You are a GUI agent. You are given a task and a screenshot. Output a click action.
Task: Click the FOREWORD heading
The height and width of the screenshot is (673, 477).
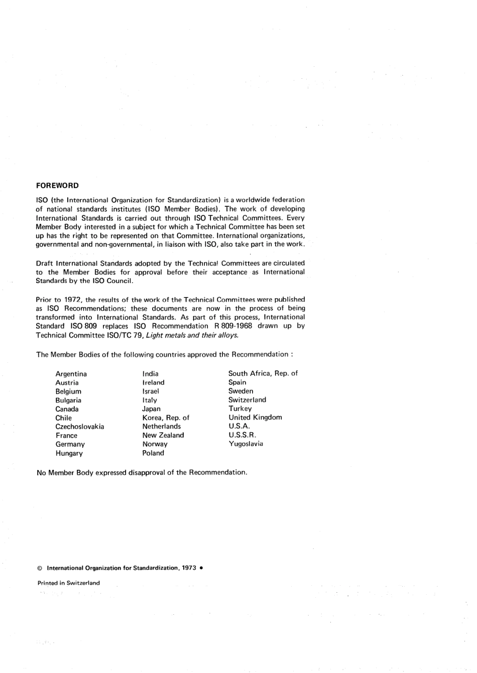click(x=57, y=185)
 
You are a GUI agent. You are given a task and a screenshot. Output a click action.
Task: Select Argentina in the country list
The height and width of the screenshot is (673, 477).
click(x=71, y=374)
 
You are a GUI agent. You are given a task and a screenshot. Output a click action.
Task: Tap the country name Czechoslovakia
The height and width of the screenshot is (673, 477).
click(x=79, y=427)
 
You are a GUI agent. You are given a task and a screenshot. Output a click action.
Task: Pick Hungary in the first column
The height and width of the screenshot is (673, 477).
click(x=69, y=453)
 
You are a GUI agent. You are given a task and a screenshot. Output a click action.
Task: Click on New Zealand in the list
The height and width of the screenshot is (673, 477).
click(x=163, y=435)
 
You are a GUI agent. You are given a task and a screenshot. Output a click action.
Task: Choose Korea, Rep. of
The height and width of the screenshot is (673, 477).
click(x=166, y=418)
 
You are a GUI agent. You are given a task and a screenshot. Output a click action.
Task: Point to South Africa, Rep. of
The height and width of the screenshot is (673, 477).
click(x=263, y=373)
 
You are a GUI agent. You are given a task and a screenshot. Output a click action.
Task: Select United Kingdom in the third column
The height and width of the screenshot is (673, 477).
click(x=255, y=417)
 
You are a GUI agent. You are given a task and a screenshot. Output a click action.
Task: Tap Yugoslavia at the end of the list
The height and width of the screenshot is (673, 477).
click(x=246, y=444)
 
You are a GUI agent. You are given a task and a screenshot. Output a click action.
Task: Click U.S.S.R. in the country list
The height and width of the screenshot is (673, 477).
click(x=242, y=435)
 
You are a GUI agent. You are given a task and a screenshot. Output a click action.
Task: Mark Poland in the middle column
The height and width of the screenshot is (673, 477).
click(x=153, y=453)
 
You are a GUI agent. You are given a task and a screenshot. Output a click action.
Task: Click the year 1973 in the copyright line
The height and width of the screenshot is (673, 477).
click(x=189, y=568)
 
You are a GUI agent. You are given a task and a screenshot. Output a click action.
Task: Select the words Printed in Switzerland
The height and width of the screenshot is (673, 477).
click(x=68, y=583)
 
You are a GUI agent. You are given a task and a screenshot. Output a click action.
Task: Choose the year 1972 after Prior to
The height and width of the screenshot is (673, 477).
click(x=73, y=300)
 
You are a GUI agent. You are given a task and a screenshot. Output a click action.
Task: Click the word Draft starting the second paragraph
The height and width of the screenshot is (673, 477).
click(x=45, y=263)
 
